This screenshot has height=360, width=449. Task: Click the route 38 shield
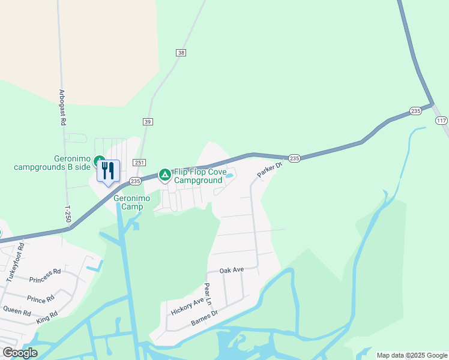click(x=181, y=53)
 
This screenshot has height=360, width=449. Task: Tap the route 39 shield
click(x=148, y=121)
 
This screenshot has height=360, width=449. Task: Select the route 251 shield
click(x=139, y=163)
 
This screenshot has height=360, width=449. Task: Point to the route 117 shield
click(x=441, y=121)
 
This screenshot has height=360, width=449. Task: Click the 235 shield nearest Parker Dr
click(x=294, y=158)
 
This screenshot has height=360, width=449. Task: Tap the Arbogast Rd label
click(x=62, y=107)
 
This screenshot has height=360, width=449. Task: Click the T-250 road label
click(x=68, y=214)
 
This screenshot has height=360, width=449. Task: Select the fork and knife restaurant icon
click(x=108, y=171)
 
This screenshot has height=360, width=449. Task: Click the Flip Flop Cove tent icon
click(x=164, y=175)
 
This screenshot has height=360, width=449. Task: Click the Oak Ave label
click(x=232, y=270)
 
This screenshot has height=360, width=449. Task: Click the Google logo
click(x=20, y=353)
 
